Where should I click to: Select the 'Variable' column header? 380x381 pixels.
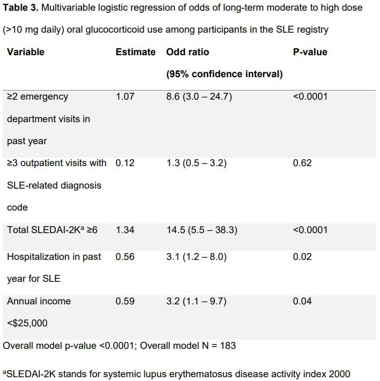(25, 52)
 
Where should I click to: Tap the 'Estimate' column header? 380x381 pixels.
(136, 52)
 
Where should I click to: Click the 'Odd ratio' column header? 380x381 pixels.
(188, 52)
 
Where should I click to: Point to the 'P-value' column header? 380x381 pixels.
(310, 52)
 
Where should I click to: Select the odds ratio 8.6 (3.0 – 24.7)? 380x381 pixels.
(199, 96)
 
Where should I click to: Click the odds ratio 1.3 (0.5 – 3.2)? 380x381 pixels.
(196, 163)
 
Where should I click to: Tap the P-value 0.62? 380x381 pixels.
(302, 163)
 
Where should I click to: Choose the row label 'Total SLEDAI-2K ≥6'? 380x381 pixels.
(52, 229)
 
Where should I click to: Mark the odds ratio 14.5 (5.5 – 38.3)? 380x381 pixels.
(202, 229)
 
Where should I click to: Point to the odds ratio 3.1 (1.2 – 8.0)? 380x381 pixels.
(196, 257)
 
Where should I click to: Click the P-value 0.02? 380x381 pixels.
(302, 257)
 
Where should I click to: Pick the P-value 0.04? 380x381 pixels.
(302, 301)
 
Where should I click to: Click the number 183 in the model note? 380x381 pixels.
(227, 346)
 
